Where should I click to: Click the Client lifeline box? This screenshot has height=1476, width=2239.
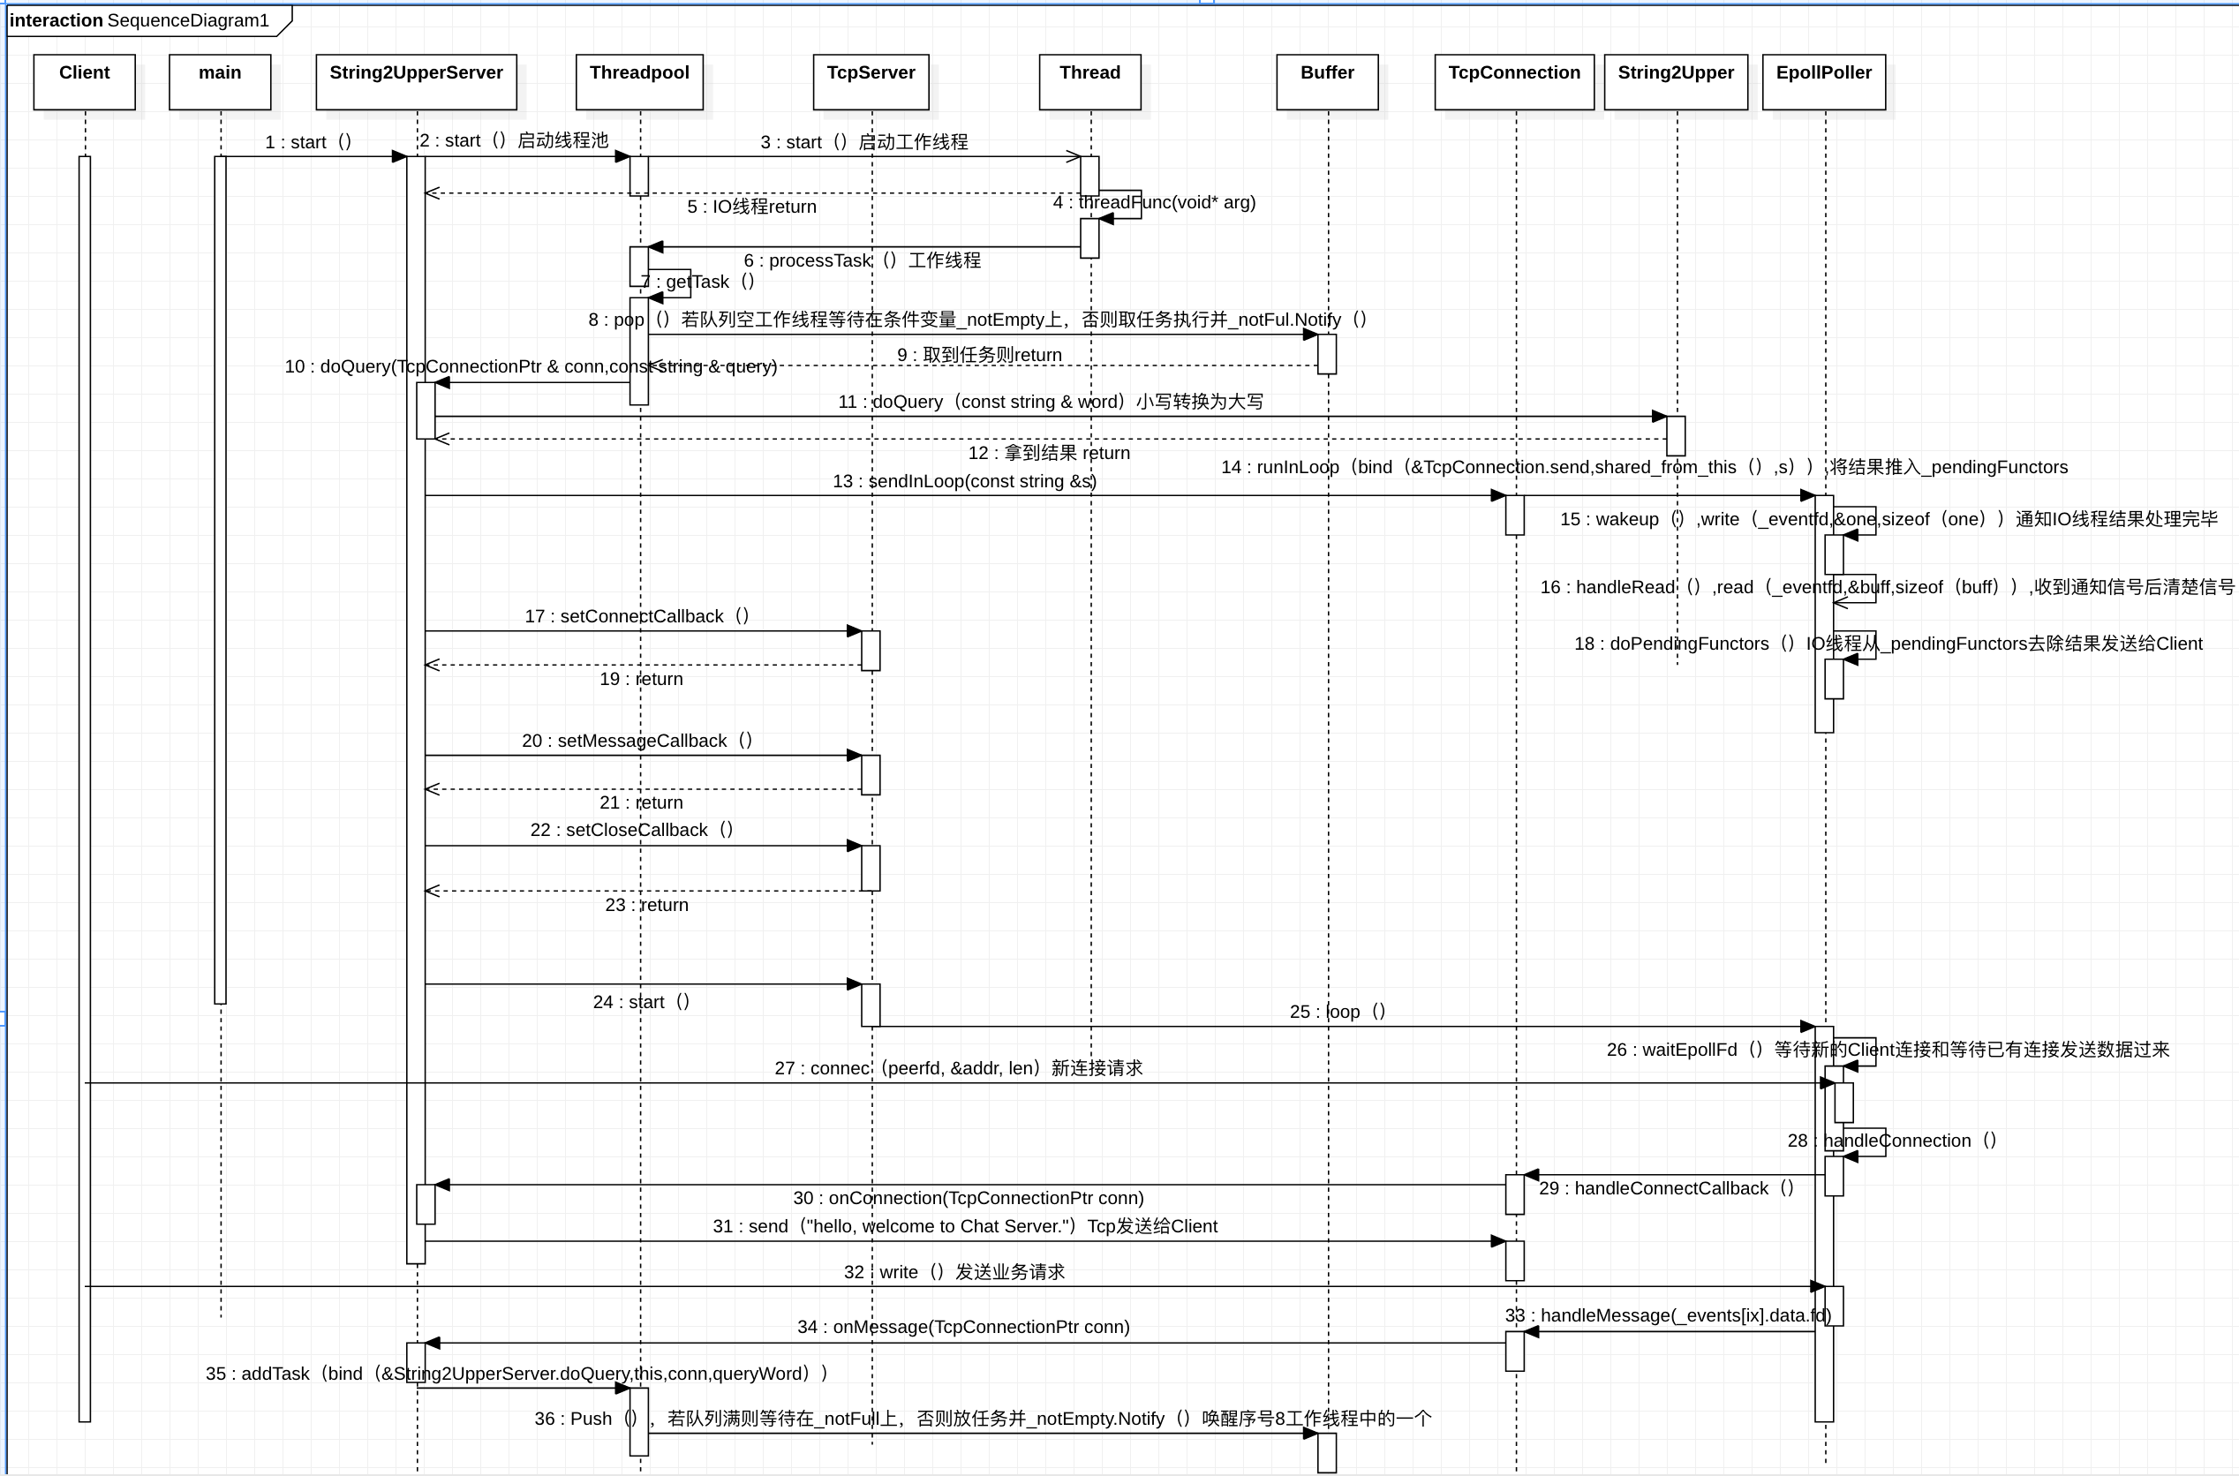[x=85, y=81]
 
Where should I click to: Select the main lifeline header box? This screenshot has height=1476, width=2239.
[x=220, y=81]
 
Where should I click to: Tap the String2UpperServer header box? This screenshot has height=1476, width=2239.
[x=416, y=81]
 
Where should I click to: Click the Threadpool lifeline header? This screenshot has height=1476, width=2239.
[x=639, y=81]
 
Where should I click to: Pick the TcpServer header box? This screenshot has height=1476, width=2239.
[x=871, y=81]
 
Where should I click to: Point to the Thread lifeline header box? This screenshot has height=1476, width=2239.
[x=1089, y=81]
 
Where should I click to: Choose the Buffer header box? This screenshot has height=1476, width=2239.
[x=1327, y=81]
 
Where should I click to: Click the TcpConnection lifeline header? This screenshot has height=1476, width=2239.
[x=1514, y=81]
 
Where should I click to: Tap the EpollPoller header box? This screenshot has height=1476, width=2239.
[x=1824, y=81]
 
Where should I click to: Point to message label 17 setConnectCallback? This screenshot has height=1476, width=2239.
[x=637, y=616]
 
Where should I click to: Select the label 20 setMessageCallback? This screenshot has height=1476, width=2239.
[x=637, y=741]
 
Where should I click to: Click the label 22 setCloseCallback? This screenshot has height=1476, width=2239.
[x=631, y=830]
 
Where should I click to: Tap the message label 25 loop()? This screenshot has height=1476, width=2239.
[x=1338, y=1012]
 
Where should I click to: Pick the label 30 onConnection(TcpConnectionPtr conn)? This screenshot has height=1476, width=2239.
[x=969, y=1198]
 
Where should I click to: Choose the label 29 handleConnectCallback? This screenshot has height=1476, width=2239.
[x=1667, y=1189]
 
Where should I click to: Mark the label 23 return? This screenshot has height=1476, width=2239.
[x=646, y=906]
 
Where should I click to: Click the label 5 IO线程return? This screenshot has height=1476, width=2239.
[x=752, y=207]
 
